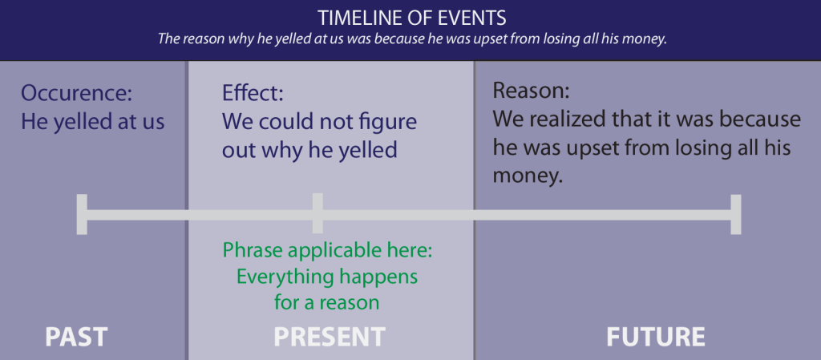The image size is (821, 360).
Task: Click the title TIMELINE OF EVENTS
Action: tap(410, 17)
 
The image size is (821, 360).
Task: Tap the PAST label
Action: tap(76, 336)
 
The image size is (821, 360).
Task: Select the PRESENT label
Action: tap(330, 336)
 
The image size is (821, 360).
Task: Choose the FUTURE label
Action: tap(656, 336)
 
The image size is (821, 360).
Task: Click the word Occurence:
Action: tap(76, 93)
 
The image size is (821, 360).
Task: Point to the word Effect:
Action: tap(253, 93)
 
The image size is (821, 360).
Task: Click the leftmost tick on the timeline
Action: tap(81, 214)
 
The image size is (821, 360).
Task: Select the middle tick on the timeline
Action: tap(317, 214)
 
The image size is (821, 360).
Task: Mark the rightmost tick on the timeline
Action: tap(736, 214)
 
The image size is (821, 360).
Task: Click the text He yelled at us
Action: tap(93, 122)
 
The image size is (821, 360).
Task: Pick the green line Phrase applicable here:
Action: tap(328, 250)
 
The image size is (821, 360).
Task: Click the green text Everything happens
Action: tap(326, 277)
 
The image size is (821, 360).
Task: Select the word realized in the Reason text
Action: tap(576, 119)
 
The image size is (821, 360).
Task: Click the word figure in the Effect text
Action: tap(388, 122)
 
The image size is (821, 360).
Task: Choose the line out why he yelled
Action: tap(309, 150)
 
